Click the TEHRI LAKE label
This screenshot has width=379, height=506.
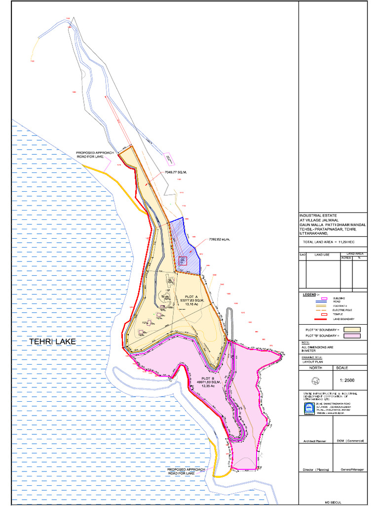[x=52, y=342]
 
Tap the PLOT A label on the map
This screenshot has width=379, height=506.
[x=184, y=296]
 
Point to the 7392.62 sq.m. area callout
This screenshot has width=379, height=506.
[x=220, y=240]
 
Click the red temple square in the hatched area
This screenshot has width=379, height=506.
[x=183, y=261]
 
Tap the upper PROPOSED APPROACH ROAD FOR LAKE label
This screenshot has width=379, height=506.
[x=95, y=155]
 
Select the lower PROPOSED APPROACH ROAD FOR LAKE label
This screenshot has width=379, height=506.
[x=187, y=471]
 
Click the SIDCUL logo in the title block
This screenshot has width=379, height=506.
[x=309, y=408]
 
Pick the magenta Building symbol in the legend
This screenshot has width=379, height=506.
[x=324, y=298]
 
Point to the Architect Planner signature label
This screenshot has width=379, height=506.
[x=315, y=441]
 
